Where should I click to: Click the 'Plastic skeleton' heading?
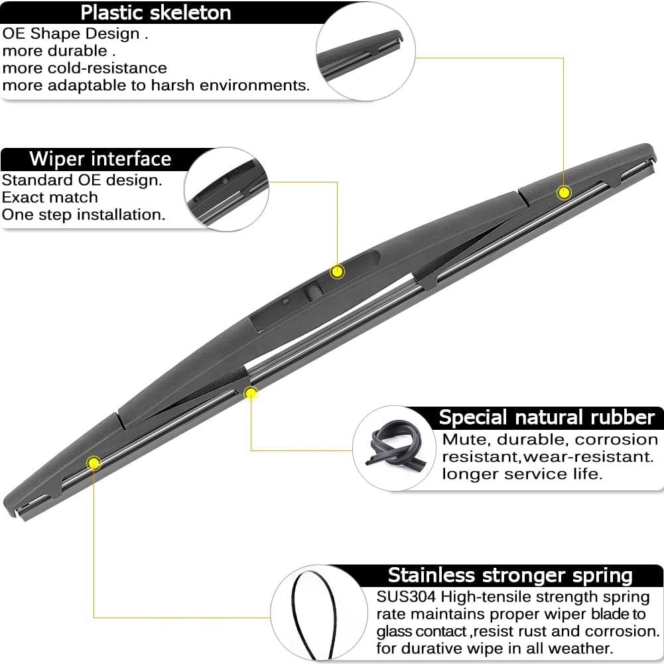click(x=156, y=13)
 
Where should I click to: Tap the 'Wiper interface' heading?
click(x=100, y=159)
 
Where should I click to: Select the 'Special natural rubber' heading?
click(x=547, y=417)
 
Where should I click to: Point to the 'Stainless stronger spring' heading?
click(x=510, y=575)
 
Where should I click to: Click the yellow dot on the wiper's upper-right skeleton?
click(x=564, y=192)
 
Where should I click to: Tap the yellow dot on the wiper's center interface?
click(x=338, y=271)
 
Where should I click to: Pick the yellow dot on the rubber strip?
click(x=251, y=394)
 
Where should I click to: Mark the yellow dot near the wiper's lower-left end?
click(x=94, y=463)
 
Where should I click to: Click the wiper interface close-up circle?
click(x=227, y=189)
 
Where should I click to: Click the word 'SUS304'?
click(x=406, y=596)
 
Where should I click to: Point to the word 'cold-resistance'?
click(x=107, y=68)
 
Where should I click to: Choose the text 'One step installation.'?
click(x=84, y=215)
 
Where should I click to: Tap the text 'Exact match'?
click(x=50, y=197)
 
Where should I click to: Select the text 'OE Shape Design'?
click(x=71, y=34)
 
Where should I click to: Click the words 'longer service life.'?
click(x=522, y=474)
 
